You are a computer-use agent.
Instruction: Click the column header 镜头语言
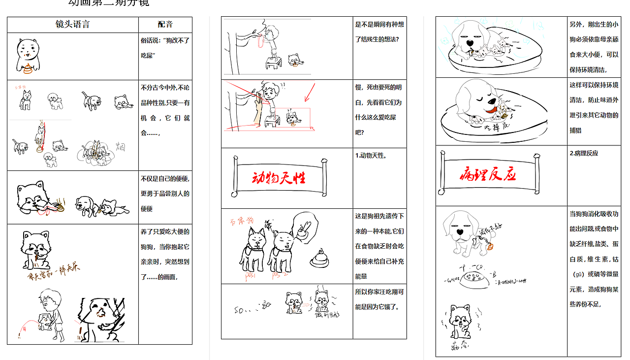[72, 25]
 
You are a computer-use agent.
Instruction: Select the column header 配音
[165, 25]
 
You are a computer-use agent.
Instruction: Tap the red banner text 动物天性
[279, 178]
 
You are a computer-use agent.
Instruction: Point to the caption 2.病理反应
[584, 153]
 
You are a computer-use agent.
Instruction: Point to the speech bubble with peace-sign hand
[305, 228]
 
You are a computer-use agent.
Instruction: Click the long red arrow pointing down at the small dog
[309, 92]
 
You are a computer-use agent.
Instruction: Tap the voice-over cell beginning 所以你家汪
[379, 299]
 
